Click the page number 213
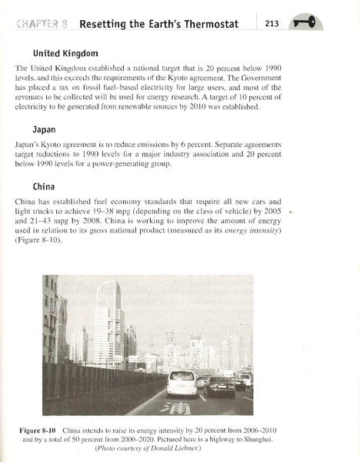[x=271, y=23]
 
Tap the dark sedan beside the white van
[x=220, y=386]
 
